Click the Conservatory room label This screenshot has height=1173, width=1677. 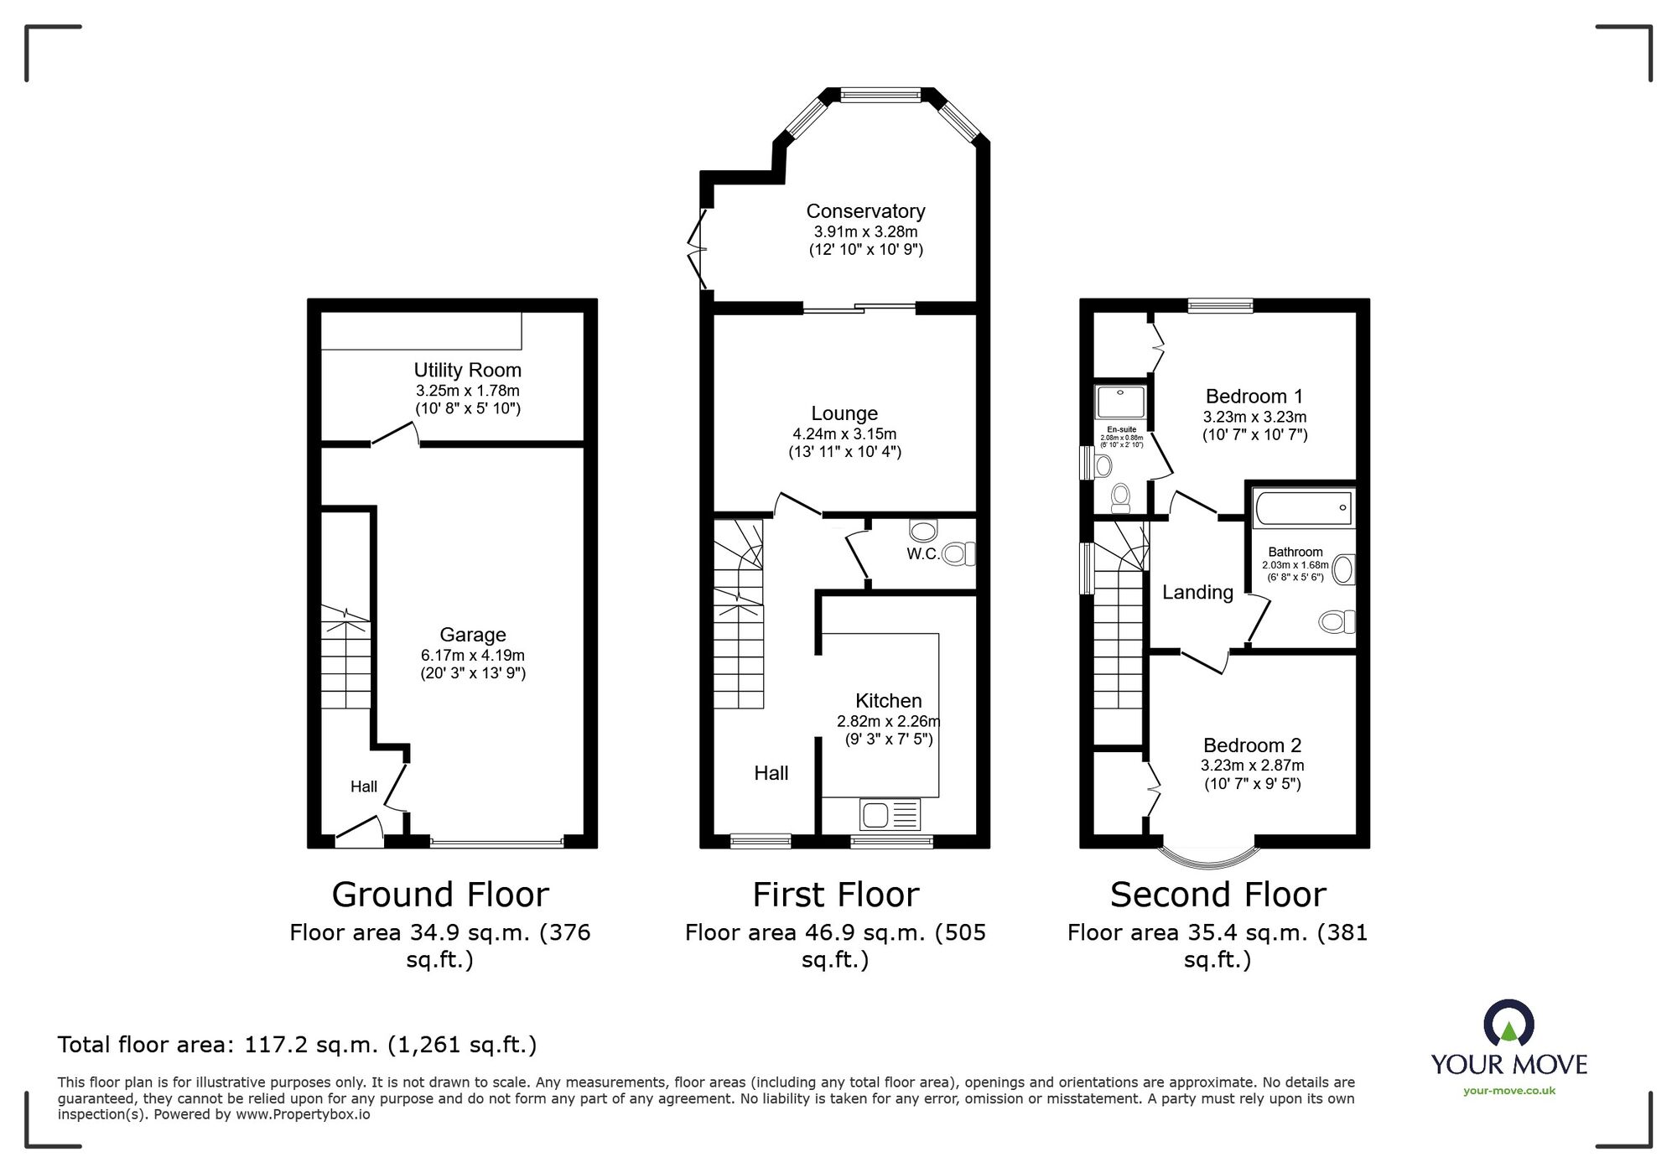[865, 211]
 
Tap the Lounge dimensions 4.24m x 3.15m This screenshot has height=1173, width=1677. [844, 434]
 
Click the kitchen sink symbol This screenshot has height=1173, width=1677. [890, 814]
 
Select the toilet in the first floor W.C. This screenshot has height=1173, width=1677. [958, 553]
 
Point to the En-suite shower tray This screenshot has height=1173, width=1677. [1120, 402]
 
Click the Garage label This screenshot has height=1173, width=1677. [472, 635]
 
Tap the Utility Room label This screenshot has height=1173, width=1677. [467, 370]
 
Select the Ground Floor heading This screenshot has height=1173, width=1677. [440, 895]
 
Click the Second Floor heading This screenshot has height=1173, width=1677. [1218, 895]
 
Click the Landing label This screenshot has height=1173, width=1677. [1197, 593]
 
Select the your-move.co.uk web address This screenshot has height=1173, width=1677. [1508, 1091]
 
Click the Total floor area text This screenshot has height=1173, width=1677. [297, 1045]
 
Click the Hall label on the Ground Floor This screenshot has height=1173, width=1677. [363, 786]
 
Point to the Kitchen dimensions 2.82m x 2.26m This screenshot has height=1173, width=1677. [888, 721]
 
